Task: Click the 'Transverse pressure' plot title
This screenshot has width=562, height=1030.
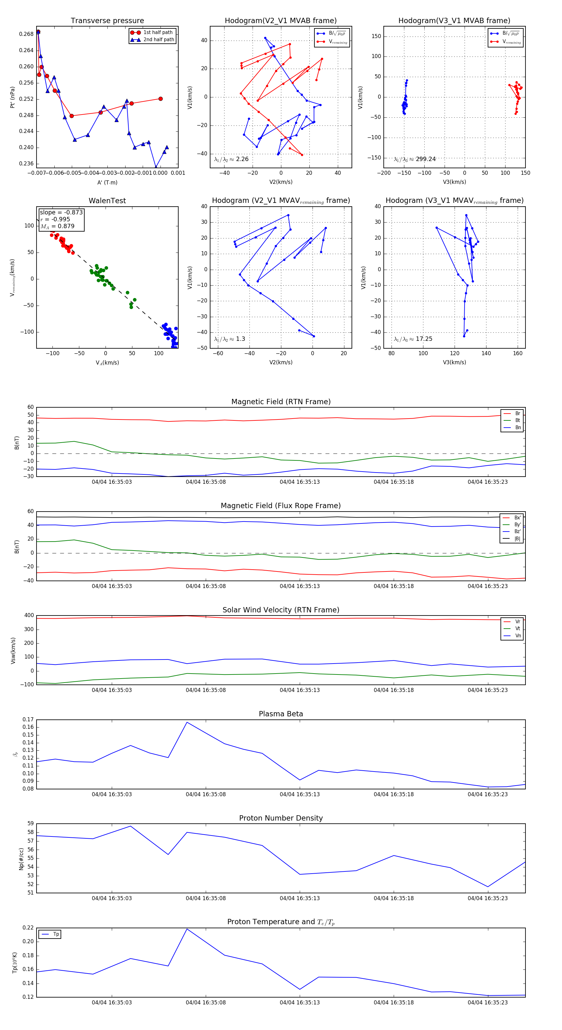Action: tap(107, 21)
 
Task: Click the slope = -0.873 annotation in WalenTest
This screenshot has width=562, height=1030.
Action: tap(61, 212)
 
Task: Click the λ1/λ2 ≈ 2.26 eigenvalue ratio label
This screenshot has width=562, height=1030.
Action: tap(231, 159)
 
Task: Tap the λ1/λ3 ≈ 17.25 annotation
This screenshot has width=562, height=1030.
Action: tap(413, 339)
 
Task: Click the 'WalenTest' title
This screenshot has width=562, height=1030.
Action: tap(107, 201)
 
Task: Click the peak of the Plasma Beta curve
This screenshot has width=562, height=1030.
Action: tap(187, 722)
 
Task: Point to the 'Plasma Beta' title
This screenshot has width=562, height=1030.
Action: tap(281, 714)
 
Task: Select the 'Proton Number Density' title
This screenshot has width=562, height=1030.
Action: tap(281, 818)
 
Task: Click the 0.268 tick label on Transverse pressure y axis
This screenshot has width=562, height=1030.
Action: tap(27, 34)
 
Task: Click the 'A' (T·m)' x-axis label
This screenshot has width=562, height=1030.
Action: tap(107, 182)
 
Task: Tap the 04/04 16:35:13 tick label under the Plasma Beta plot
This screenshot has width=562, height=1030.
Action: tap(300, 794)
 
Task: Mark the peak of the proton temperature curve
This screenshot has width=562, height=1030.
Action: tap(187, 929)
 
